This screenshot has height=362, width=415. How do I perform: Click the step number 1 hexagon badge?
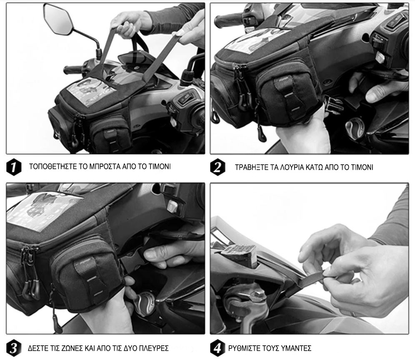(x=14, y=167)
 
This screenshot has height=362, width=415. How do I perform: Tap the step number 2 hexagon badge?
(x=217, y=167)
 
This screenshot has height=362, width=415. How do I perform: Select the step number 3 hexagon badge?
(x=14, y=348)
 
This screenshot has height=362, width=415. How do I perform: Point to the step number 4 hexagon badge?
(x=217, y=348)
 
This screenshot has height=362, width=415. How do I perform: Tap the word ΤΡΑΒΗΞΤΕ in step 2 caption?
(x=251, y=167)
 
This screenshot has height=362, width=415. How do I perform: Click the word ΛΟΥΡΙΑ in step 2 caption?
(x=291, y=167)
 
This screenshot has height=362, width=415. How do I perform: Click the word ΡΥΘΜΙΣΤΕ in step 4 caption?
(x=245, y=348)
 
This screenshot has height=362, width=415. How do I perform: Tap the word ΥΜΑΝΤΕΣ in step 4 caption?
(x=296, y=348)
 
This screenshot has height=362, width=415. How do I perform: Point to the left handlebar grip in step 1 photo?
(x=73, y=69)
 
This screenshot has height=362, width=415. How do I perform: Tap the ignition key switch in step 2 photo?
(x=355, y=128)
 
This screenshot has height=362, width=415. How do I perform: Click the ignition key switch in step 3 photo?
(x=144, y=304)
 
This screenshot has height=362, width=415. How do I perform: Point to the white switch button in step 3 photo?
(x=172, y=206)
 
